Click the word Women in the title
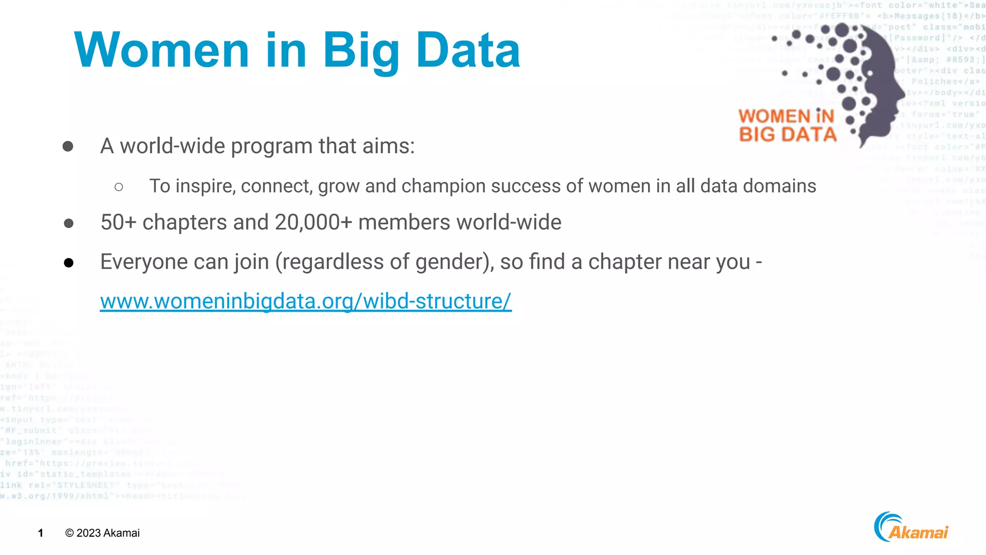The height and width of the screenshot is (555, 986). [161, 50]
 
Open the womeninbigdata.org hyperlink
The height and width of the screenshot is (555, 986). [306, 301]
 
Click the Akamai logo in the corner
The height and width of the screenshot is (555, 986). [911, 528]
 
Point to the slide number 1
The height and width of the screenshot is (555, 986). [41, 533]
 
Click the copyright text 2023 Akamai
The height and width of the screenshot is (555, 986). [103, 533]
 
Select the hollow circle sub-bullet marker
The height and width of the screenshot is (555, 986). [119, 187]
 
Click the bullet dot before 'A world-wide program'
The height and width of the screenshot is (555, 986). [68, 146]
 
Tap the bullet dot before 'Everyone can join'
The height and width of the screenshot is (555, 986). [68, 263]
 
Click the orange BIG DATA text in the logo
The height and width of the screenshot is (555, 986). [788, 134]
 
